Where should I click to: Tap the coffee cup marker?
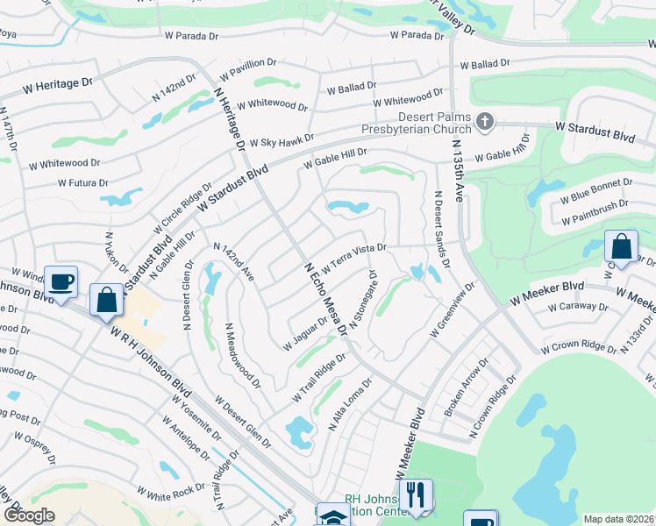61,282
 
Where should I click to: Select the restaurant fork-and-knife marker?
417,494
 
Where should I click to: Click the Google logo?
29,515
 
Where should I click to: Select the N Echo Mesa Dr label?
325,298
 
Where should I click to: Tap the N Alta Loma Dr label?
350,404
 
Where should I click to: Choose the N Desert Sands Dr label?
441,228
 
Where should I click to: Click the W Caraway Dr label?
577,307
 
